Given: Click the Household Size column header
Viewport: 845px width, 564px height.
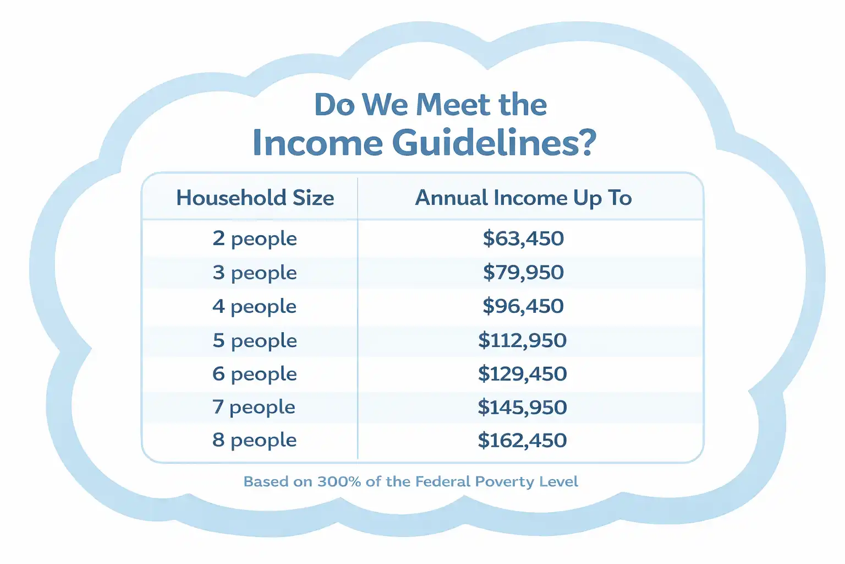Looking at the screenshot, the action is [255, 198].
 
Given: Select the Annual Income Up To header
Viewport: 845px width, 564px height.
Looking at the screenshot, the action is [523, 198].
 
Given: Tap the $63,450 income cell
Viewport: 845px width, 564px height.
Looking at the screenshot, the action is [523, 238].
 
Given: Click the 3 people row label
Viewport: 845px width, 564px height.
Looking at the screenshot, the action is [255, 273].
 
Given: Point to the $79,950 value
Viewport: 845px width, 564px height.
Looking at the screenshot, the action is [523, 273].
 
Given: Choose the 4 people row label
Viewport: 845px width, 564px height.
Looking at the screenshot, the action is [254, 307].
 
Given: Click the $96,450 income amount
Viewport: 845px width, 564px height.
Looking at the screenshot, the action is [523, 306].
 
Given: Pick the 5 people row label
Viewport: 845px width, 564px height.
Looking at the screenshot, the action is [255, 341].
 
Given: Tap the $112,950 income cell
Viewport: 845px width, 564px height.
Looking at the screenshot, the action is [523, 340].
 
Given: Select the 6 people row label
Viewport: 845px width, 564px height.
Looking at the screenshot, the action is [255, 375].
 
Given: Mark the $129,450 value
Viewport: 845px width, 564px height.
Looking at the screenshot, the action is [523, 373].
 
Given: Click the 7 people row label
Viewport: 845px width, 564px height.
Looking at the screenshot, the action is [254, 408].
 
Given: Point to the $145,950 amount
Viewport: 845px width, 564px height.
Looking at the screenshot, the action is [523, 407].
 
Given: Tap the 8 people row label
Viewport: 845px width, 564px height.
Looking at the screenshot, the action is [255, 441].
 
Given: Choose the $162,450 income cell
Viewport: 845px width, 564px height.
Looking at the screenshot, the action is [523, 440].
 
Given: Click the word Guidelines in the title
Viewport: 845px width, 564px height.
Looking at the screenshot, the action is [495, 143].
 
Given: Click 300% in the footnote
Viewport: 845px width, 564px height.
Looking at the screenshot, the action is [339, 481].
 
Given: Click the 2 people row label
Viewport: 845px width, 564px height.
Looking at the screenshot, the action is [255, 239].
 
